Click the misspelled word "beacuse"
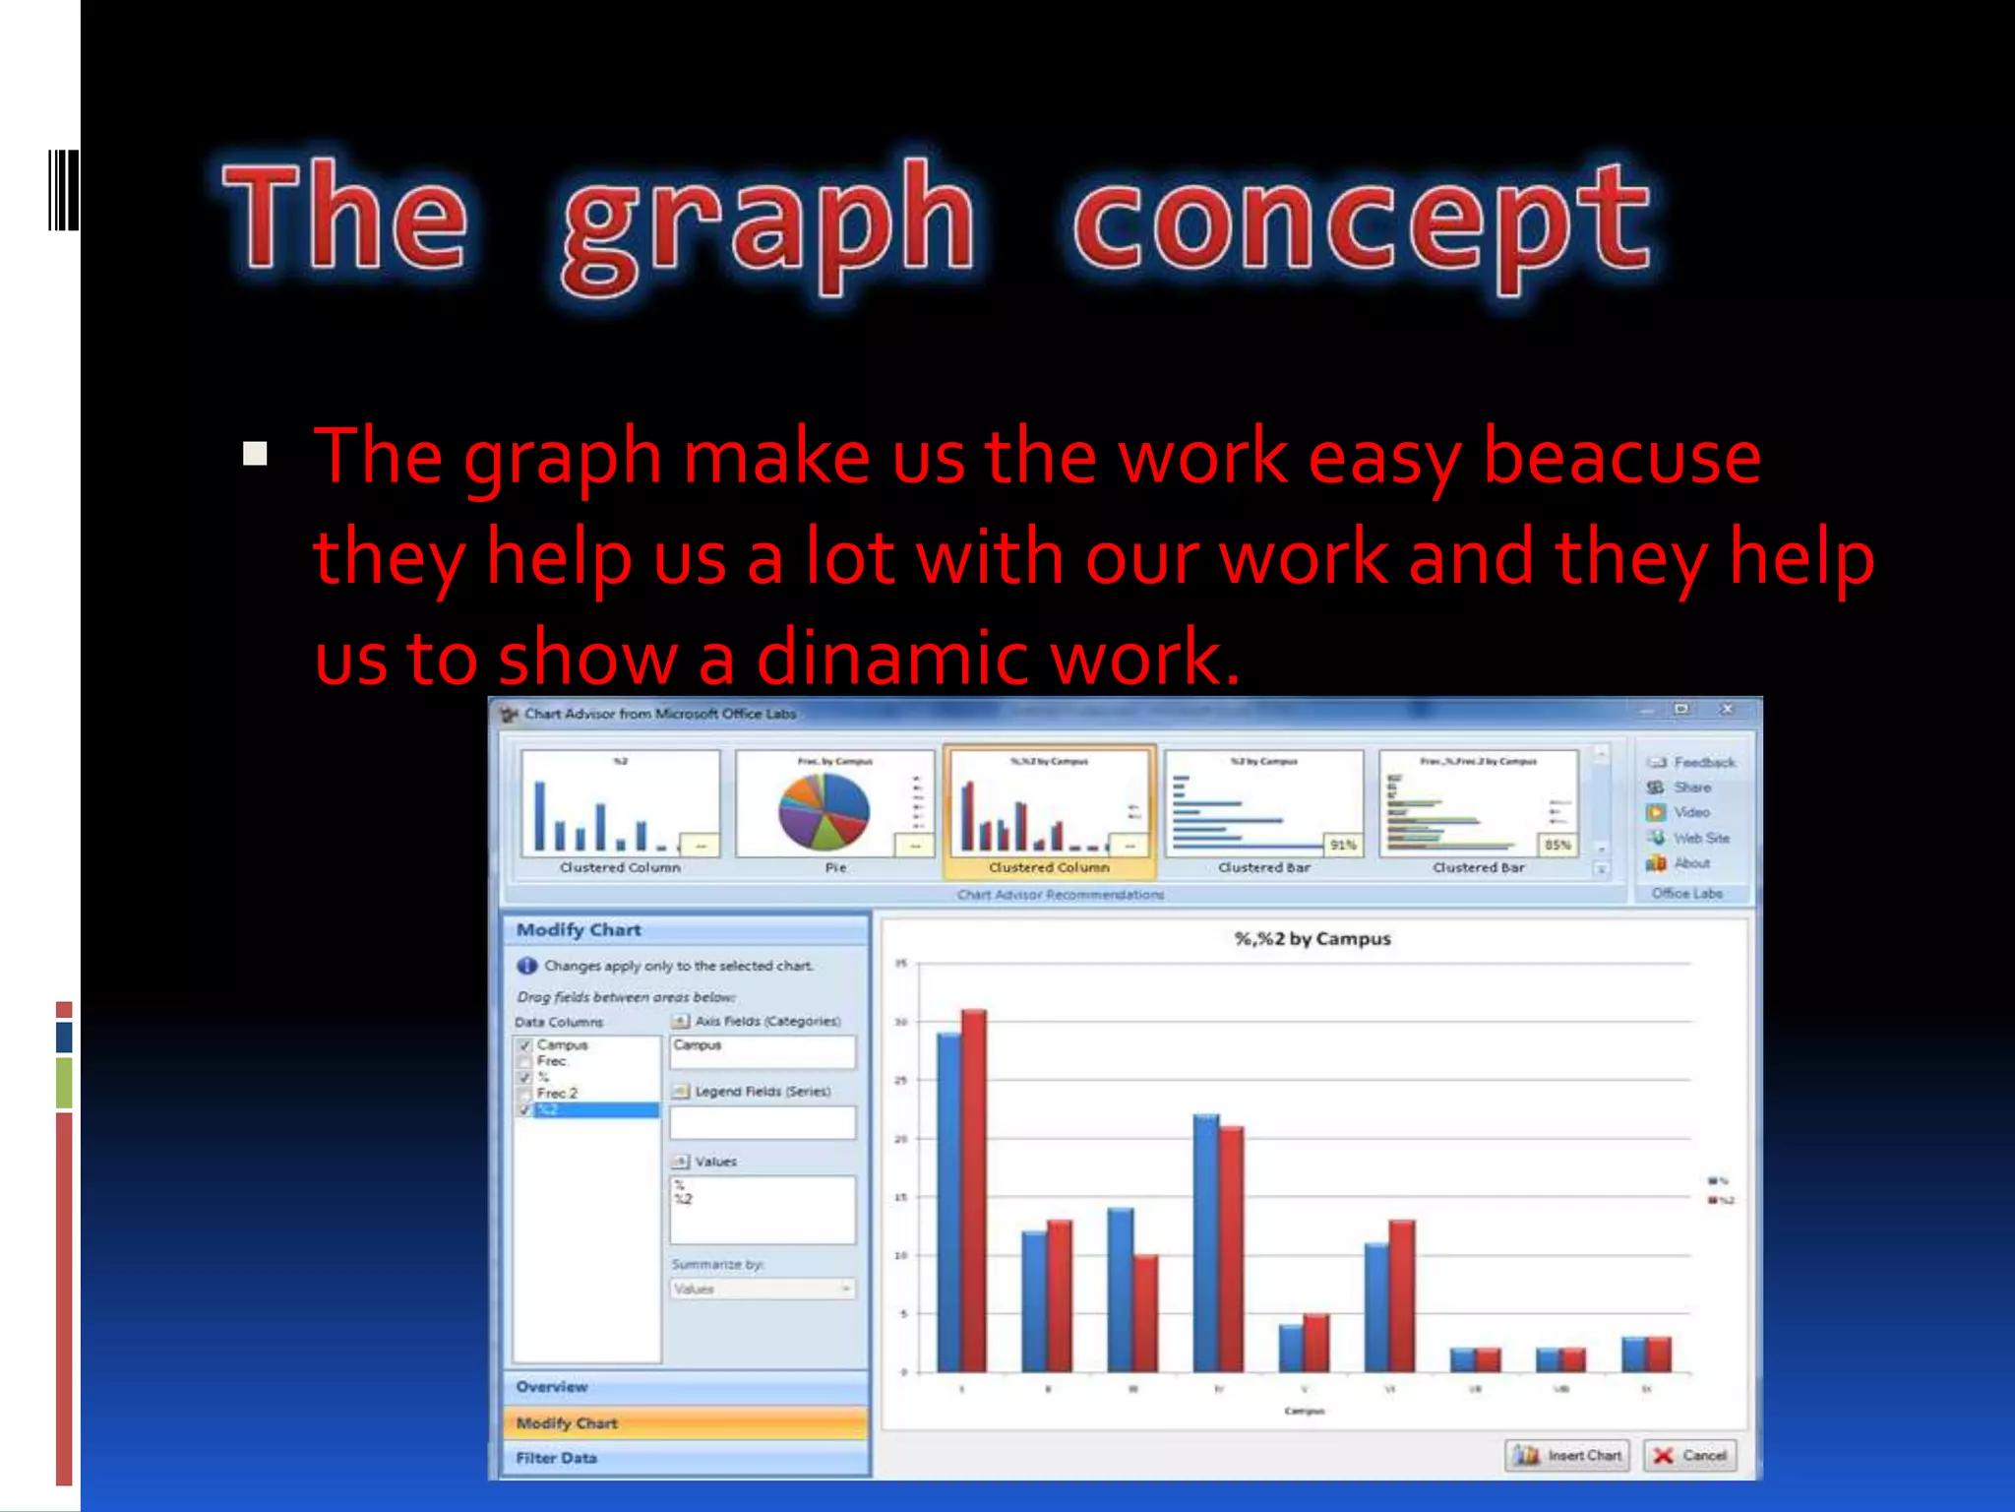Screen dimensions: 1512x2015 [x=1621, y=457]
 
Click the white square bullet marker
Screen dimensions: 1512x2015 [x=255, y=454]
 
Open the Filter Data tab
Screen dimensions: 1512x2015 [x=557, y=1458]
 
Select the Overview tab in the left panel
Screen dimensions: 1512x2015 [x=552, y=1386]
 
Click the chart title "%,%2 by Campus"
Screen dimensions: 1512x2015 [x=1313, y=938]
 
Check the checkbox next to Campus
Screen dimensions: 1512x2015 [x=525, y=1045]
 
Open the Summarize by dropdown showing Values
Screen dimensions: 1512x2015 [x=763, y=1289]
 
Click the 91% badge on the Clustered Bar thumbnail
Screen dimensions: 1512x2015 [x=1342, y=845]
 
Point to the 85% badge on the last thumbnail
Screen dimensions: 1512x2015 [x=1557, y=845]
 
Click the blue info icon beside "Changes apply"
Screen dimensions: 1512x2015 [x=527, y=966]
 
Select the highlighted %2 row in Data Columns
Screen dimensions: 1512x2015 [x=595, y=1109]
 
